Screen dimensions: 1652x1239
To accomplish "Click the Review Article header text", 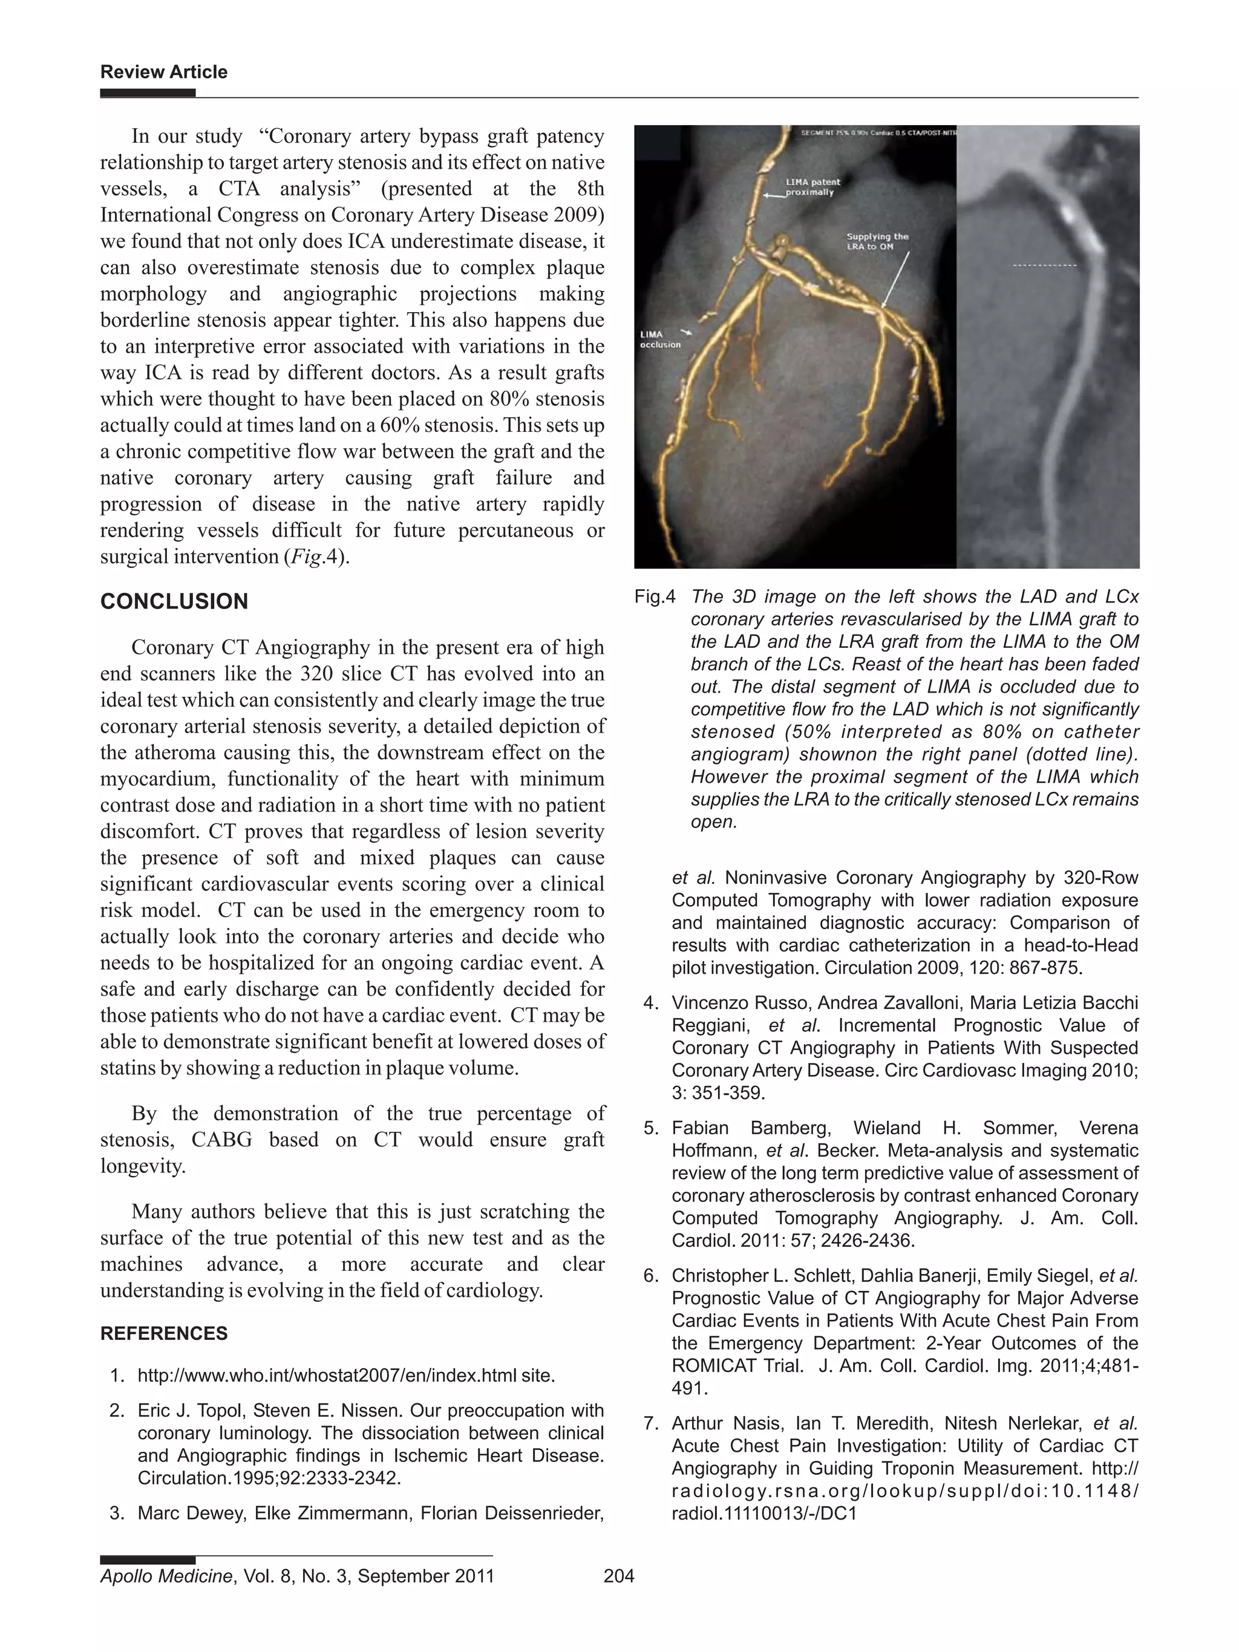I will click(x=163, y=73).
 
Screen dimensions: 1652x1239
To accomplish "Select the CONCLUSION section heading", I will click(x=174, y=601).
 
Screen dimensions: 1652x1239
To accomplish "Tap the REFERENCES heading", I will click(x=163, y=1333).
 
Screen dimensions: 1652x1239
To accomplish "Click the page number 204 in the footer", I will click(x=618, y=1576).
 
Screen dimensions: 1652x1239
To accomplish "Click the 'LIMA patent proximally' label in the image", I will click(x=812, y=187).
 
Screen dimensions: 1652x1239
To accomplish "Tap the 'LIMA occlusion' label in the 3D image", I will click(x=660, y=340).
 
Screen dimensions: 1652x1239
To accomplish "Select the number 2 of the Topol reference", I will click(x=116, y=1410).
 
